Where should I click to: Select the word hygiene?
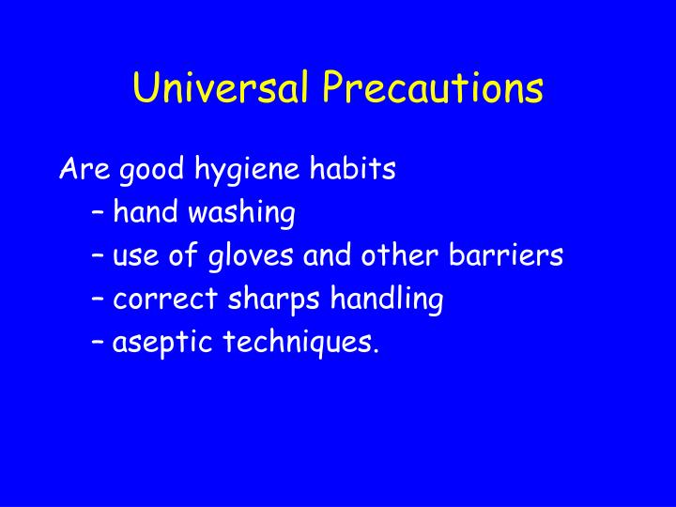[248, 171]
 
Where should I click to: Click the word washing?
[242, 214]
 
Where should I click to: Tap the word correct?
[165, 300]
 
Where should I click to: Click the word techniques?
[301, 344]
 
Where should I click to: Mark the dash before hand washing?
[99, 214]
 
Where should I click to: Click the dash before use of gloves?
[99, 256]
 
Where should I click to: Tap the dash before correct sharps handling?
[99, 300]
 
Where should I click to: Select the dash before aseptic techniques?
[99, 343]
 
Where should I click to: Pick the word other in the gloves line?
[397, 255]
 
